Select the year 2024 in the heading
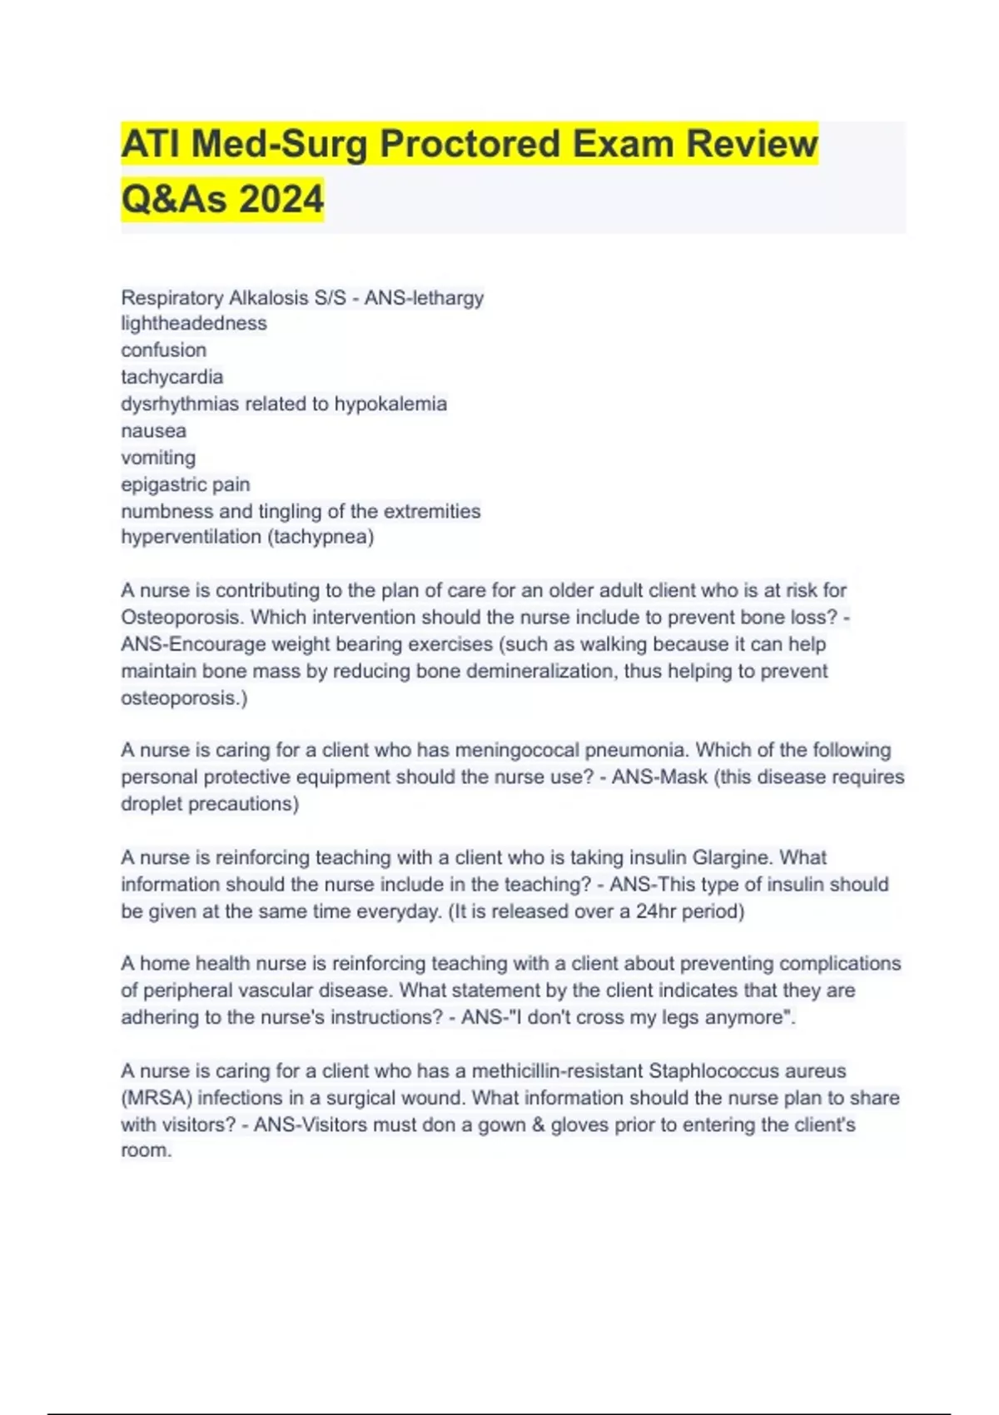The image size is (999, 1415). click(x=281, y=200)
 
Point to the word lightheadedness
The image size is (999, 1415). click(x=194, y=323)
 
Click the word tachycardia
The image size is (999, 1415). click(x=171, y=377)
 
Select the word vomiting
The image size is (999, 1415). click(x=158, y=458)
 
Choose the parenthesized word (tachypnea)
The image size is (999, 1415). click(x=321, y=537)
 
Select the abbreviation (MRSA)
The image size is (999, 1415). click(x=157, y=1098)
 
